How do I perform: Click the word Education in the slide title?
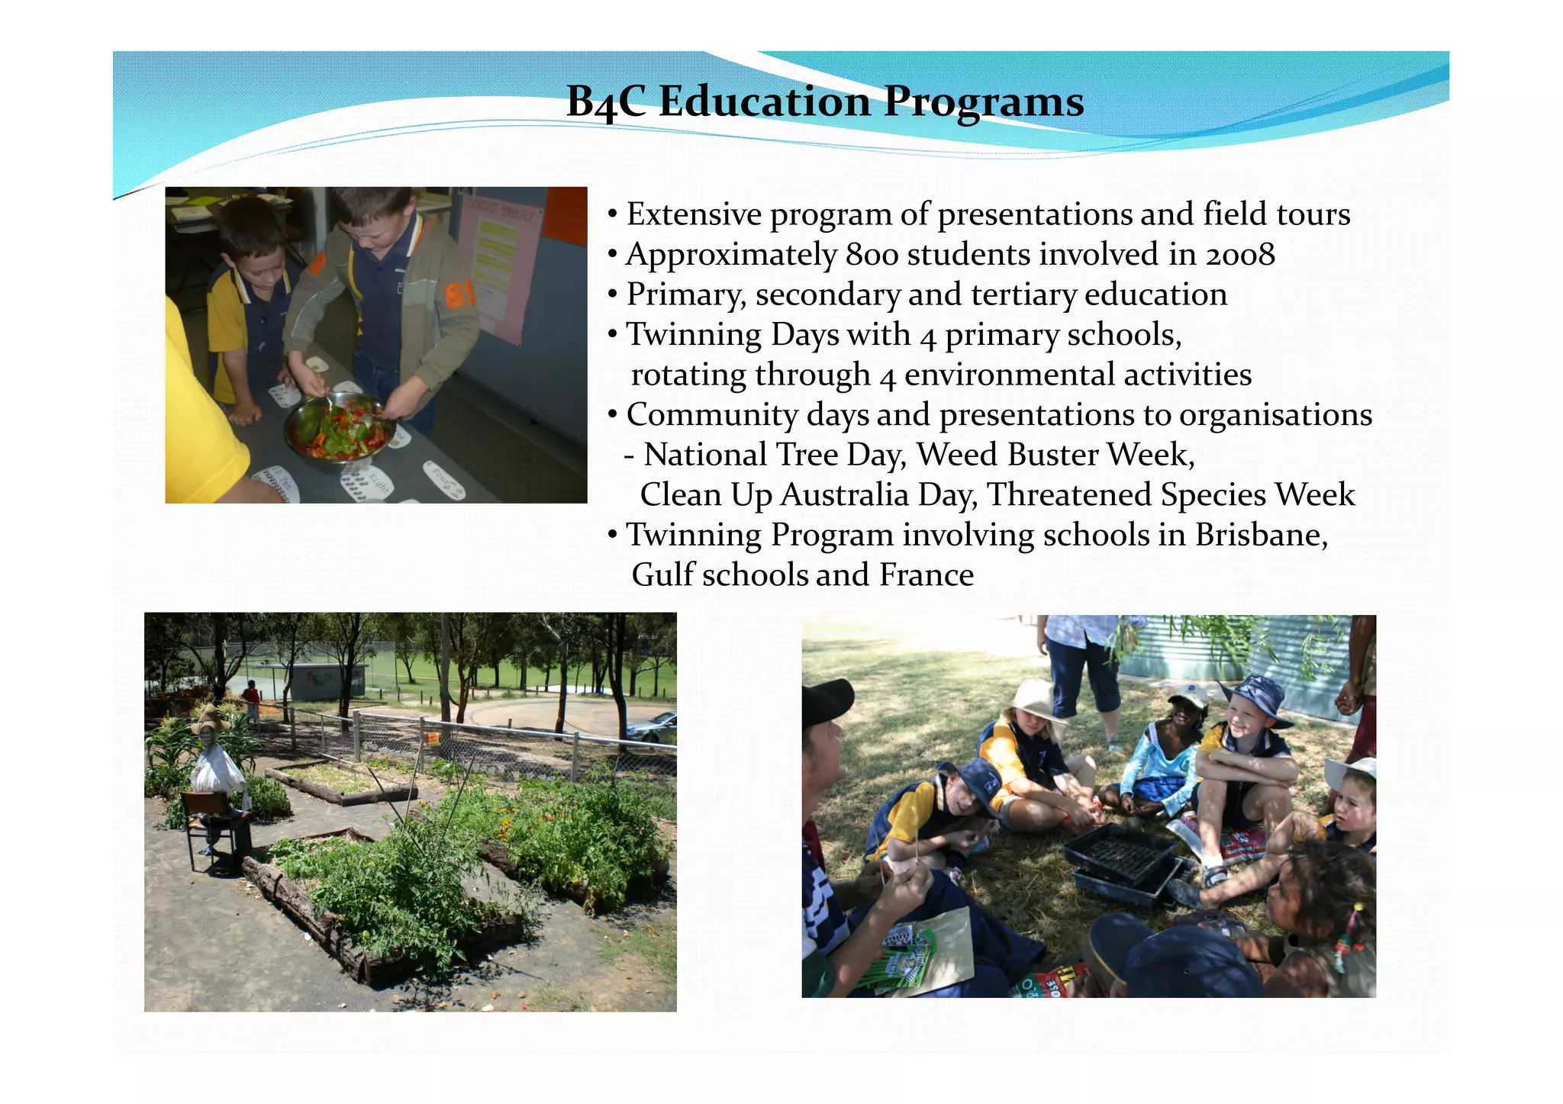[763, 101]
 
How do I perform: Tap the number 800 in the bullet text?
[872, 255]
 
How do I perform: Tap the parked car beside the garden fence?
[655, 726]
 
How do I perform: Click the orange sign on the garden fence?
[433, 738]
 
